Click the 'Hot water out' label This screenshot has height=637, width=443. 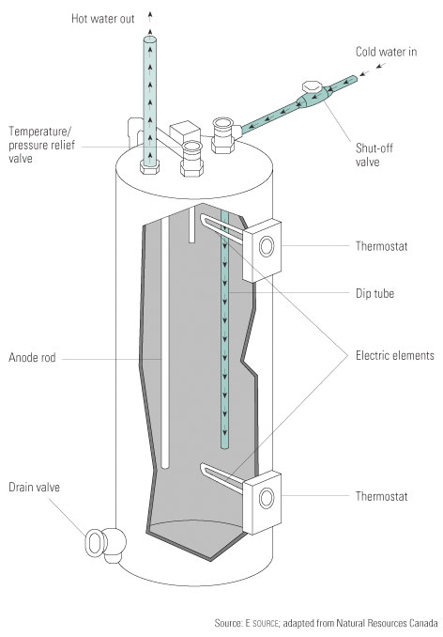(102, 18)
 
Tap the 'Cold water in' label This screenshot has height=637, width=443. (386, 52)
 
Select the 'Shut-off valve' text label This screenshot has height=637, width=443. (374, 155)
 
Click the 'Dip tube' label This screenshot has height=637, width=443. (374, 293)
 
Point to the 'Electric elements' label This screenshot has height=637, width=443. (395, 355)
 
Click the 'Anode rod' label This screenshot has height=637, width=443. (32, 358)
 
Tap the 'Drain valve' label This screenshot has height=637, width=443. (34, 487)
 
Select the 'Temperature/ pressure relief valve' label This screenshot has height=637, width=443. (42, 145)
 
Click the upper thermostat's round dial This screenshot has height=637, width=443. (267, 246)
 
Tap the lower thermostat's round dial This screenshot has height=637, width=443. (267, 498)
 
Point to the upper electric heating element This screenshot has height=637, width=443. (221, 229)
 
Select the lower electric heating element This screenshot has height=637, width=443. (221, 479)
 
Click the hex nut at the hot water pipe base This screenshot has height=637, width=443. (149, 167)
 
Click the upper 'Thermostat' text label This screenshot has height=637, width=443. (381, 246)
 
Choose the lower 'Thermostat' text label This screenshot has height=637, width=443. (381, 496)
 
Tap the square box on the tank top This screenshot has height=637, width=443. (185, 132)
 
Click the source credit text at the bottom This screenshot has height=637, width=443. (326, 623)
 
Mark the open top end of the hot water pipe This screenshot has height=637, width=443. (149, 39)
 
